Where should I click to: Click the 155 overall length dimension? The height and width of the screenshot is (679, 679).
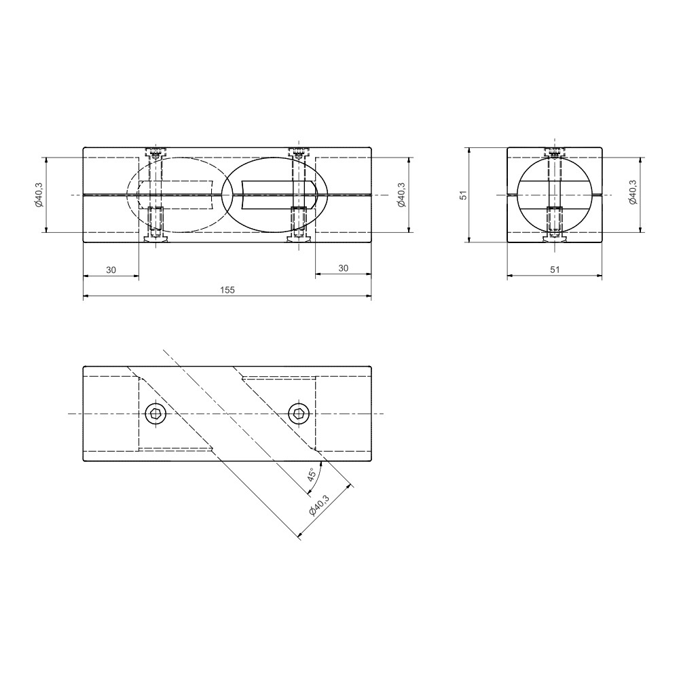tap(227, 290)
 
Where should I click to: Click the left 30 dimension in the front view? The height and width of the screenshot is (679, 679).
tap(111, 270)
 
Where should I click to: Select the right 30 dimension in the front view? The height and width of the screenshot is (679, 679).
tap(343, 268)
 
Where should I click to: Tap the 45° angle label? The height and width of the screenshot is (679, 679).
tap(312, 475)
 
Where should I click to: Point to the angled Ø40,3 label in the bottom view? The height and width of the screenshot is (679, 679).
tap(319, 504)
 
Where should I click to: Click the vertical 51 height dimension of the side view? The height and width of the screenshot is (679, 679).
tap(464, 195)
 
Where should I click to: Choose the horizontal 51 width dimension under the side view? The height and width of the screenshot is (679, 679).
tap(555, 270)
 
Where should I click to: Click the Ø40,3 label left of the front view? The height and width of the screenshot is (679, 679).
tap(39, 195)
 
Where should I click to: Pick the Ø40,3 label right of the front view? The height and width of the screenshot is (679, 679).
tap(401, 195)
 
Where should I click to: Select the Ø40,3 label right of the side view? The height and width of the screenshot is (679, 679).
tap(633, 192)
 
